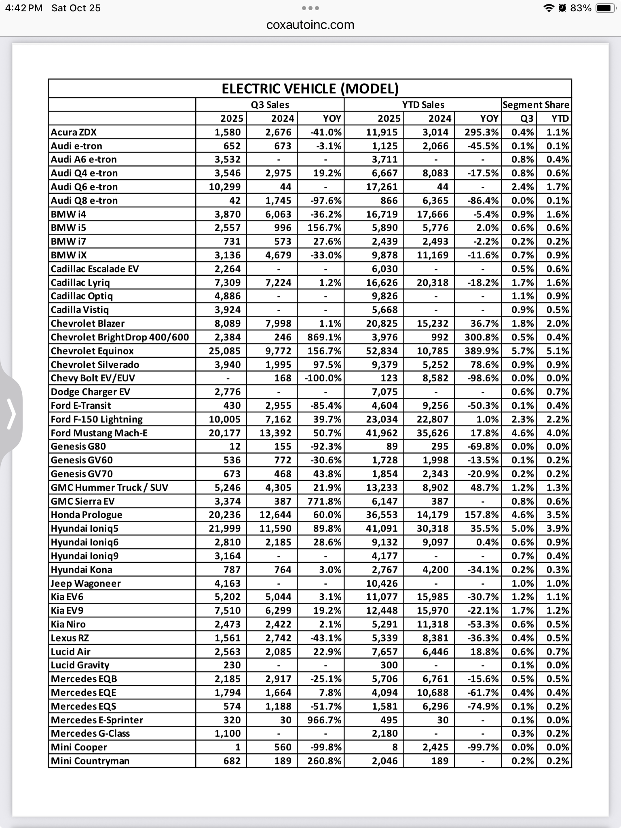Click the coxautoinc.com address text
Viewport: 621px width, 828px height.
(x=310, y=25)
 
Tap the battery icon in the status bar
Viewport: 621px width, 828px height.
(x=605, y=8)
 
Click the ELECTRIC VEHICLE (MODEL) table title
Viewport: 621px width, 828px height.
(x=310, y=89)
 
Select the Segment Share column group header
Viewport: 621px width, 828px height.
(x=536, y=105)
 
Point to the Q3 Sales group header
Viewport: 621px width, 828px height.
(x=270, y=105)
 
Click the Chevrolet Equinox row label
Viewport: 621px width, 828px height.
(x=92, y=351)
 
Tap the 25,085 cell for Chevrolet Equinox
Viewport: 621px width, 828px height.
(x=225, y=351)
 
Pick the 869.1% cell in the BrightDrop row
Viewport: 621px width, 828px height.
(x=324, y=337)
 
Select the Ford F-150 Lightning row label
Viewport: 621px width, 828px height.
(x=97, y=419)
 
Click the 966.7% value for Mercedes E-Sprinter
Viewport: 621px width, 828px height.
(x=324, y=720)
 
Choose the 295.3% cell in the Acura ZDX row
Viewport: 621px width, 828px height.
(x=482, y=132)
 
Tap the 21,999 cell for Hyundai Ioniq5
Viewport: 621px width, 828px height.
(x=225, y=528)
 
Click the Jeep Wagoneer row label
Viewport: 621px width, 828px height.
(x=86, y=583)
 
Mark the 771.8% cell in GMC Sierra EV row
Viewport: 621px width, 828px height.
(x=324, y=501)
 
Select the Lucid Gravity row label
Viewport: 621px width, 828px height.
(x=80, y=665)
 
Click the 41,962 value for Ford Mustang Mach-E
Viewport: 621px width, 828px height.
(x=382, y=433)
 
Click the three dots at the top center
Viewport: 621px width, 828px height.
(x=310, y=8)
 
